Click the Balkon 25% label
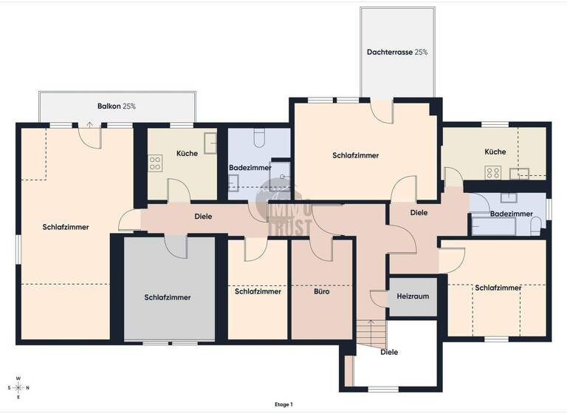pos(117,106)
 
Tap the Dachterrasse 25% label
pos(397,52)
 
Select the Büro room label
pos(321,292)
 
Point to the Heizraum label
pos(413,296)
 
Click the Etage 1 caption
pos(283,404)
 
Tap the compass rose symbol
pos(19,387)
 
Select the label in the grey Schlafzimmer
pos(168,297)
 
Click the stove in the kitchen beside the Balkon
pos(156,163)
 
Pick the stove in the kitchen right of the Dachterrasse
pos(492,173)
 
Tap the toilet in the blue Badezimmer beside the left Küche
pos(259,138)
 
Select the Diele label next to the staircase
pos(389,353)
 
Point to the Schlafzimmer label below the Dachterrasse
pos(356,156)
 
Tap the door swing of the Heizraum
pos(378,299)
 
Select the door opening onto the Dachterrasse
pos(382,110)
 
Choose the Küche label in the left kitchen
pos(187,154)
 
